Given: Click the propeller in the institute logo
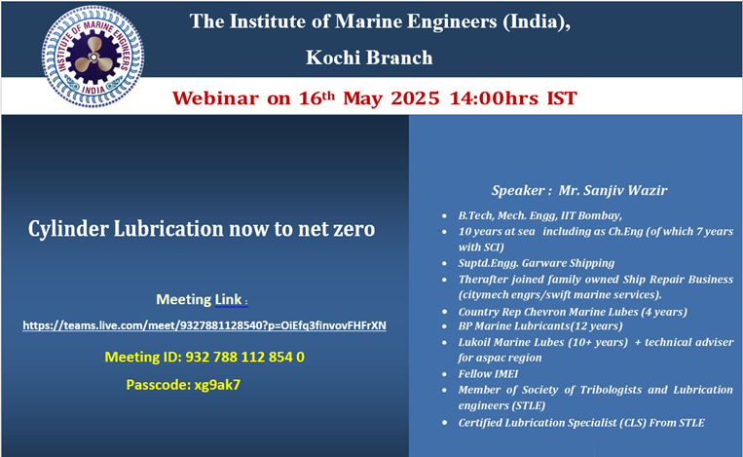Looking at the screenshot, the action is pos(94,57).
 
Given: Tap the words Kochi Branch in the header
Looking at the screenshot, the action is pos(369,57).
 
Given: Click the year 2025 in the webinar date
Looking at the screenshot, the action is pos(415,98).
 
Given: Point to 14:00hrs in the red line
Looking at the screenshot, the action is pos(494,98).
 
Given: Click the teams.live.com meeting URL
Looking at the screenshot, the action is pos(204,325).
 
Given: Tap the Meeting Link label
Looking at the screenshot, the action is pos(201,299).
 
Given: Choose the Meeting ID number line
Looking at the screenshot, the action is pos(204,357).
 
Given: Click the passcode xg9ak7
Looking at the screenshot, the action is pos(217,385).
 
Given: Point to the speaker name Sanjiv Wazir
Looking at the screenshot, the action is pos(613,190).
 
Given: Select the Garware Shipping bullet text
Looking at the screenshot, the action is pos(536,263).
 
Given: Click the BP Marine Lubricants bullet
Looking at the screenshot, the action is pos(540,326).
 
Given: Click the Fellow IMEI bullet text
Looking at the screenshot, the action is pos(488,374).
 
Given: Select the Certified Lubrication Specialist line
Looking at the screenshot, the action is pos(581,423).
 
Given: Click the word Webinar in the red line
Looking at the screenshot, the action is pos(215,98).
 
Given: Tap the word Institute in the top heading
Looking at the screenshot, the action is pos(267,21).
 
